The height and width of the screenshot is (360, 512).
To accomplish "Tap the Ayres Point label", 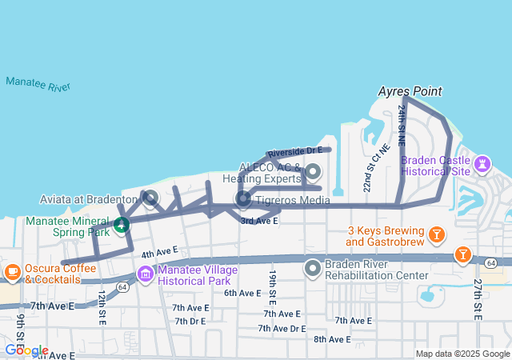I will pos(410,92).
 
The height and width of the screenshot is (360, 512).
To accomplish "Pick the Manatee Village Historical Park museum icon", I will pos(145,274).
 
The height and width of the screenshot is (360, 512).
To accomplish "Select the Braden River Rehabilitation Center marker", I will pos(313,267).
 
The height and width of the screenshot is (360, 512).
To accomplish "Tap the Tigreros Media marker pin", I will pos(243,198).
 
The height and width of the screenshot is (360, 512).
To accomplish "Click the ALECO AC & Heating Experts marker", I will pos(313,171).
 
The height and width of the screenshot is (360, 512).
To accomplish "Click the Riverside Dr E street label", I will pos(294,150).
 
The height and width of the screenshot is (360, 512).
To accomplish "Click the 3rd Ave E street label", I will pos(259,220).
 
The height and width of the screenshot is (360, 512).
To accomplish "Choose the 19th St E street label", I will pos(273,286).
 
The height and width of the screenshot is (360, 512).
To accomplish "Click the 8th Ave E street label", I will pos(332,339).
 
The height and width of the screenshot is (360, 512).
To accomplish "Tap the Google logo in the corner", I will pos(26,350).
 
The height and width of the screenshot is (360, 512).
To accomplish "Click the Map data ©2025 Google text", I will pos(462,354).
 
